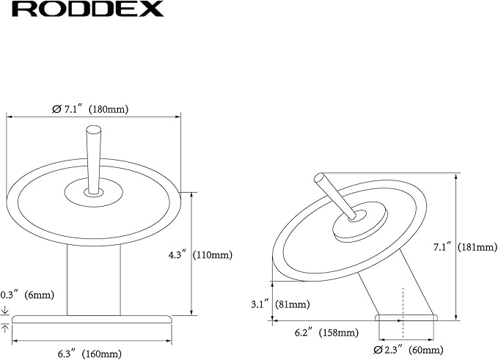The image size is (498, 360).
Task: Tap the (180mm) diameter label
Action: (x=109, y=109)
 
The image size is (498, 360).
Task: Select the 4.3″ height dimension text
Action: (x=177, y=254)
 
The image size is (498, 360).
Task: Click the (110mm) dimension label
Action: (x=213, y=254)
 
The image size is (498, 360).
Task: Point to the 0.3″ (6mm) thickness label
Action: (x=27, y=295)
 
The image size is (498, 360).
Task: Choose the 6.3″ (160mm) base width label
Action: (x=89, y=353)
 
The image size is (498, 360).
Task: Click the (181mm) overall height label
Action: (x=477, y=247)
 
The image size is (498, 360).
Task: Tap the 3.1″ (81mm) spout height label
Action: (x=280, y=304)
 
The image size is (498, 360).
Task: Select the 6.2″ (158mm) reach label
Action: (x=327, y=333)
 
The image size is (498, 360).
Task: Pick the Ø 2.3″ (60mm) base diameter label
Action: (x=409, y=350)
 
